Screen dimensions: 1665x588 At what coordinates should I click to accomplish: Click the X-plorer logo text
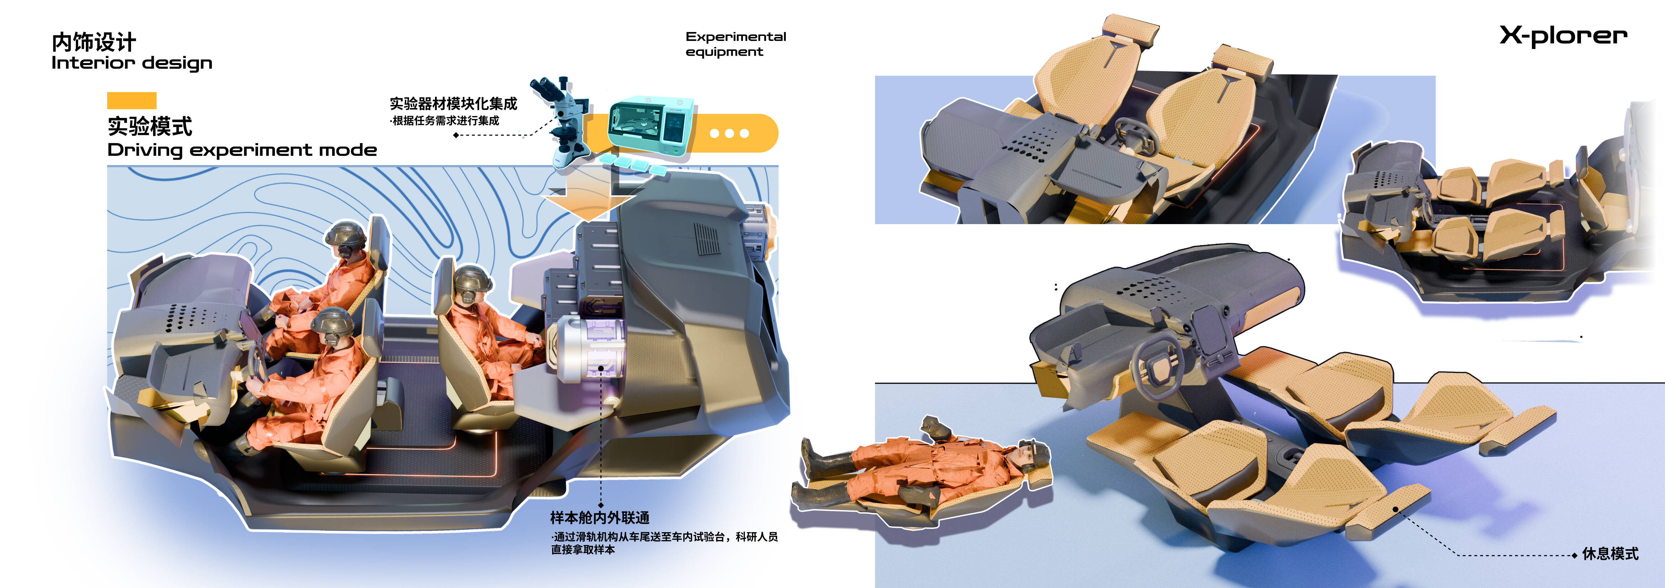coord(1563,36)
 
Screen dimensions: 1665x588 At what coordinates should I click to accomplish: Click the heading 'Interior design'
coord(132,63)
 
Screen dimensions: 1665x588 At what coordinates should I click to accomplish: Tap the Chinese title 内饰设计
coord(94,42)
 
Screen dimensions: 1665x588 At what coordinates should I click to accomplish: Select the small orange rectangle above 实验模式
coord(132,100)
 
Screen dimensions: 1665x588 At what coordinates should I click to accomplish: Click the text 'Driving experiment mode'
coord(242,150)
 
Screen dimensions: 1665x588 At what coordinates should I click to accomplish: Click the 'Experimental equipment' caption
coord(735,44)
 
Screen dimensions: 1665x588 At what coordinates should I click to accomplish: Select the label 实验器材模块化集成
coord(453,104)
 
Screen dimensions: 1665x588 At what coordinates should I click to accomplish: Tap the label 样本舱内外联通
coord(600,518)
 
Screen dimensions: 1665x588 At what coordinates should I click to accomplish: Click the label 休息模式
coord(1610,554)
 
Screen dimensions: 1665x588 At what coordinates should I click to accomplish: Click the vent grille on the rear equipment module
coord(707,240)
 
